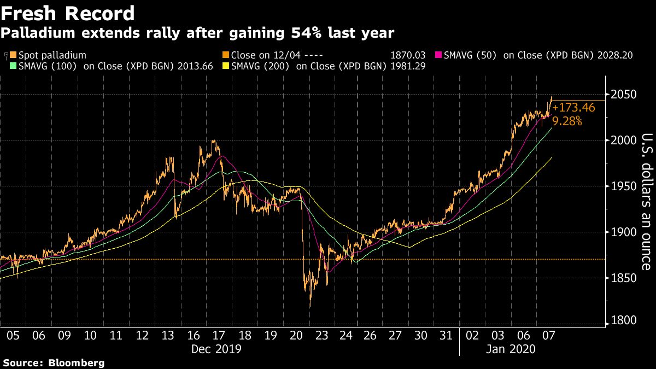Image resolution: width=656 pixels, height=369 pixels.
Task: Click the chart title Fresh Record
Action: pos(67,13)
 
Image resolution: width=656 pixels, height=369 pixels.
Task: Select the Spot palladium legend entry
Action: pos(48,55)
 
